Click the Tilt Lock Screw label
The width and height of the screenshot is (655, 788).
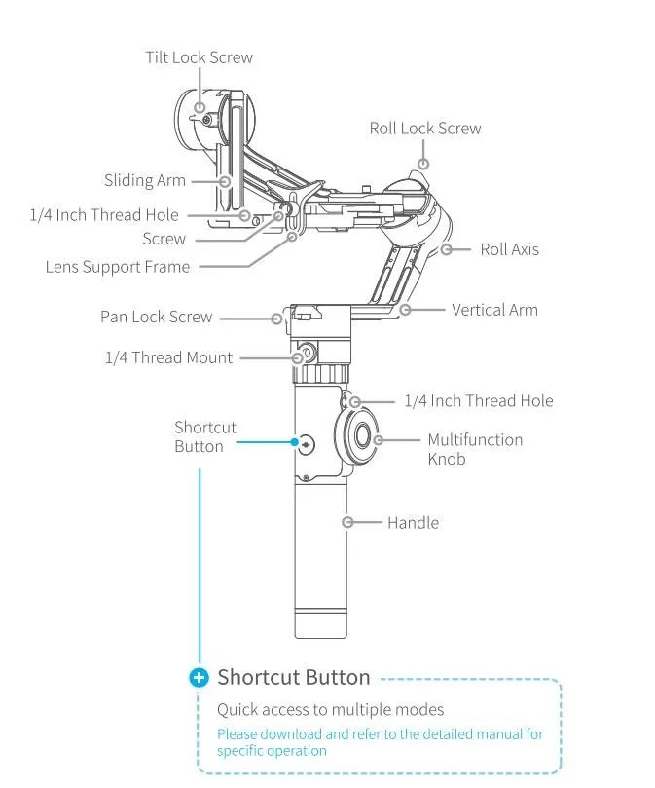point(199,57)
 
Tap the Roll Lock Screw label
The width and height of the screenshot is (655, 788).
point(424,129)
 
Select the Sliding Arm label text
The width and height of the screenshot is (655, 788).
point(144,180)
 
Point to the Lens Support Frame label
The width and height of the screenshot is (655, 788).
point(118,266)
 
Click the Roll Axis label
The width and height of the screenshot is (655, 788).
point(509,249)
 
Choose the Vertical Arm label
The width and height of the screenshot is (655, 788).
point(494,310)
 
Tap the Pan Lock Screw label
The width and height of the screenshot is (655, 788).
point(156,317)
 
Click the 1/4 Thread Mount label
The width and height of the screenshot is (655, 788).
point(168,357)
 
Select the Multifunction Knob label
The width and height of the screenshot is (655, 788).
point(475,449)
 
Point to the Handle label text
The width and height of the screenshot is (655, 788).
point(413,523)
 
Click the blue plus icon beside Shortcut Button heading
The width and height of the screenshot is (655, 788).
point(200,677)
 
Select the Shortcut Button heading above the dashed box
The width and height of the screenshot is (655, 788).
point(293,677)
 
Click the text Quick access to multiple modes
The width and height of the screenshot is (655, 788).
point(330,709)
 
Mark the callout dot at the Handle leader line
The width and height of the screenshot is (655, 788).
point(347,522)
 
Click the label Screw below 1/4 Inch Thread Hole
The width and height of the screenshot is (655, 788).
point(164,239)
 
